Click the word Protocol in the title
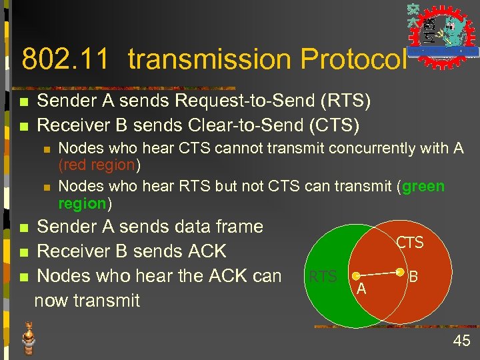tap(353, 59)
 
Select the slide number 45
tap(461, 341)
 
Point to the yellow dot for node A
tap(355, 276)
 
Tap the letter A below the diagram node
tap(361, 289)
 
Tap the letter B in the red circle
tap(413, 275)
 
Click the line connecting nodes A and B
tap(377, 274)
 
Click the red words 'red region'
tap(99, 165)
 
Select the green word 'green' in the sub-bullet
tap(423, 187)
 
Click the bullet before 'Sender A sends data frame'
tap(24, 228)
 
